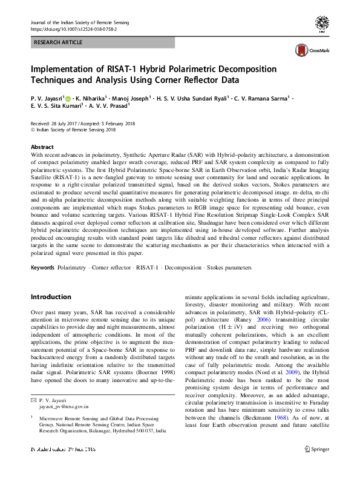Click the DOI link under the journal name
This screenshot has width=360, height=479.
tap(73, 28)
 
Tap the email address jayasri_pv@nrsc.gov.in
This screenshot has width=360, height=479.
tap(64, 408)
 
